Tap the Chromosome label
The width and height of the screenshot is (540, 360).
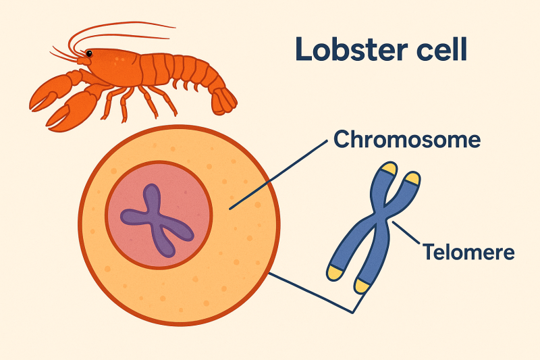point(407,140)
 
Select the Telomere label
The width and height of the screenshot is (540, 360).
point(468,253)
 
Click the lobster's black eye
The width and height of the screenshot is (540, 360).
point(88,53)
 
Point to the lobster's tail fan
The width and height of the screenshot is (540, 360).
point(223,100)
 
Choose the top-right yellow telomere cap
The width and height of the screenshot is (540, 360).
point(412,178)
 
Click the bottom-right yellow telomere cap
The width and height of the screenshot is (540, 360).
point(362,286)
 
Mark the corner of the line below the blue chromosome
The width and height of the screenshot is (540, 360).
point(352,312)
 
